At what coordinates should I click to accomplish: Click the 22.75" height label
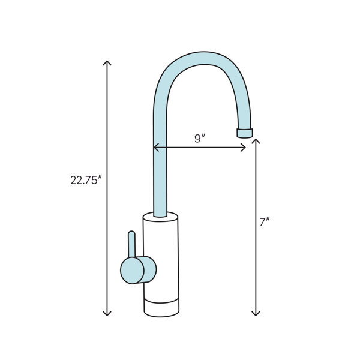[x=86, y=180]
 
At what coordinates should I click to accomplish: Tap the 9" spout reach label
[x=200, y=139]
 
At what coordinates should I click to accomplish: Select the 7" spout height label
[x=265, y=222]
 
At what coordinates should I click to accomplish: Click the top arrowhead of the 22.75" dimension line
[x=107, y=62]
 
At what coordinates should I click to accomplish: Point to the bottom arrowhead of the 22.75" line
[x=107, y=313]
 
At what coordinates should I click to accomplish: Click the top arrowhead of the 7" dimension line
[x=256, y=141]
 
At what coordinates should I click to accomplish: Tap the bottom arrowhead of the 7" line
[x=256, y=313]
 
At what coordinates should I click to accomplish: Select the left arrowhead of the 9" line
[x=156, y=147]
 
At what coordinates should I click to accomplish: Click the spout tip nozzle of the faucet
[x=245, y=133]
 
